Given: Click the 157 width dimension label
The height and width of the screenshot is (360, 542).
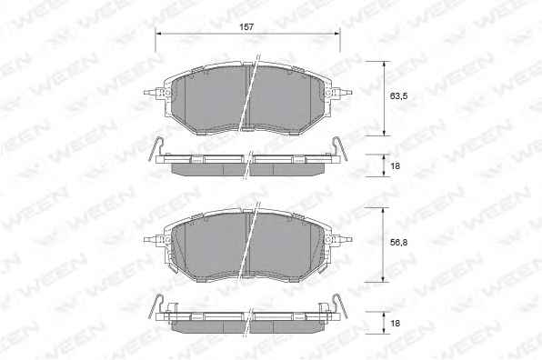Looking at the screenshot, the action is coord(246,27).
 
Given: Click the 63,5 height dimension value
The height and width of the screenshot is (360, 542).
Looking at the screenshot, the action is coord(398,96).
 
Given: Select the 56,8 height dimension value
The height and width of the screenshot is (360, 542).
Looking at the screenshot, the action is coord(398,243).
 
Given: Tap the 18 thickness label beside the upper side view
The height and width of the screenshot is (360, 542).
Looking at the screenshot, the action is coord(395,165).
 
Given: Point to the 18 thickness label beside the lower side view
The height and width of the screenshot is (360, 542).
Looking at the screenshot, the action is coord(395,323).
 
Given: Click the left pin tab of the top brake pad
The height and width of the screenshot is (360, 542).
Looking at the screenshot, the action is coord(151,93).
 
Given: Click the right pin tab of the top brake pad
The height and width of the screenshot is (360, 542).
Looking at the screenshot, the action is coord(344,93).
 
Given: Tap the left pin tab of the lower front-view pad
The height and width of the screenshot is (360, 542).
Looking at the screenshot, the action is coord(151,239).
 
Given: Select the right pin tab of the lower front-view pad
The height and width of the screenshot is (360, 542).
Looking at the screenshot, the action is coord(344,239).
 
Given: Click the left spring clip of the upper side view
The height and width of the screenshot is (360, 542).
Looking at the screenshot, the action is coord(155,148).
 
